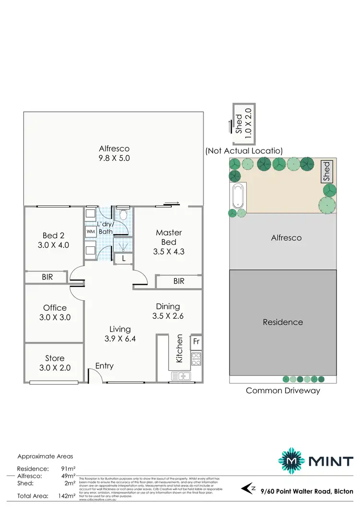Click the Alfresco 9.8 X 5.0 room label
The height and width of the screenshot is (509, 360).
pyautogui.click(x=114, y=153)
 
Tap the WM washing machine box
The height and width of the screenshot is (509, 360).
pyautogui.click(x=91, y=231)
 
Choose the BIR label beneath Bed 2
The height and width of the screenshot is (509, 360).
pyautogui.click(x=47, y=277)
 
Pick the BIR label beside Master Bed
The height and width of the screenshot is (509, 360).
pyautogui.click(x=179, y=281)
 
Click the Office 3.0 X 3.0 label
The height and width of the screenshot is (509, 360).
pyautogui.click(x=55, y=313)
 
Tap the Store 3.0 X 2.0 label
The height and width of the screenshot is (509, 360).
pyautogui.click(x=55, y=363)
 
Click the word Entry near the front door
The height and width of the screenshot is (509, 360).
pyautogui.click(x=104, y=366)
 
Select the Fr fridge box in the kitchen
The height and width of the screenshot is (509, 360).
pyautogui.click(x=196, y=342)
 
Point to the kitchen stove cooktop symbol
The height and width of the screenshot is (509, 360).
pyautogui.click(x=196, y=357)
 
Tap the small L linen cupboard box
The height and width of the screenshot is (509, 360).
pyautogui.click(x=124, y=259)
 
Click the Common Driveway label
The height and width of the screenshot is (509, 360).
pyautogui.click(x=283, y=390)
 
